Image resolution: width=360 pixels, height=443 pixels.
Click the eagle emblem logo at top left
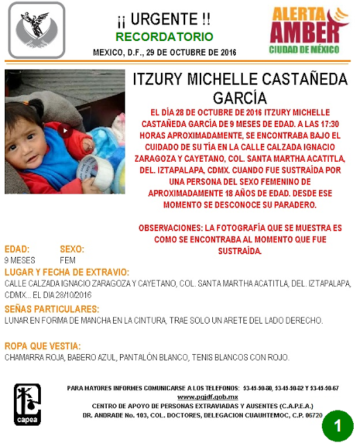point(36,30)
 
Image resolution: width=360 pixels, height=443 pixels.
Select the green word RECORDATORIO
point(164,36)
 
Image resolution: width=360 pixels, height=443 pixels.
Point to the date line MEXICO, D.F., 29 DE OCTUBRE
point(164,53)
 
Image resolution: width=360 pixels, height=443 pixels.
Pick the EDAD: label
point(17,249)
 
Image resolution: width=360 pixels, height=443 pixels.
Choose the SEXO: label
point(72,249)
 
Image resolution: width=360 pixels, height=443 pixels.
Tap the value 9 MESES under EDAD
point(20,260)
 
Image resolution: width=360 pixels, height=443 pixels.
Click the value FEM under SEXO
point(68,260)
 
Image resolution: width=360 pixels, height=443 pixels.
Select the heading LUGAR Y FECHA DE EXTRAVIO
point(67,271)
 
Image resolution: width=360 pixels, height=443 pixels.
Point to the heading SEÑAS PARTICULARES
point(51,308)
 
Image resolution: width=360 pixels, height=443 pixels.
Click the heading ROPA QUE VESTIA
point(42,346)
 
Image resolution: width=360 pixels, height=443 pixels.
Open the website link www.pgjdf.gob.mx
point(198,396)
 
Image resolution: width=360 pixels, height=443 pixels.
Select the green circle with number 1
point(338,424)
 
